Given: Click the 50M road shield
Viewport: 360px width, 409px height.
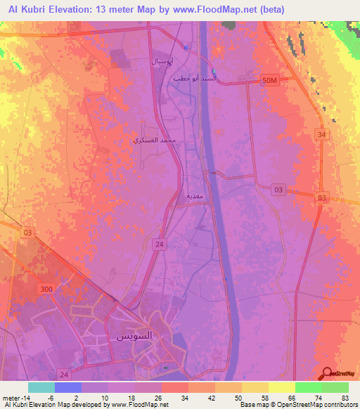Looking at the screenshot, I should click(270, 82).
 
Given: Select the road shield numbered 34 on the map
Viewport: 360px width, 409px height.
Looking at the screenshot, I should click(322, 134).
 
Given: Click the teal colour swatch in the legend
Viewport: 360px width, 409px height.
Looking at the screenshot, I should click(41, 387).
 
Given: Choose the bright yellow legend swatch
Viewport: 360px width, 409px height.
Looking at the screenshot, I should click(281, 387).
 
